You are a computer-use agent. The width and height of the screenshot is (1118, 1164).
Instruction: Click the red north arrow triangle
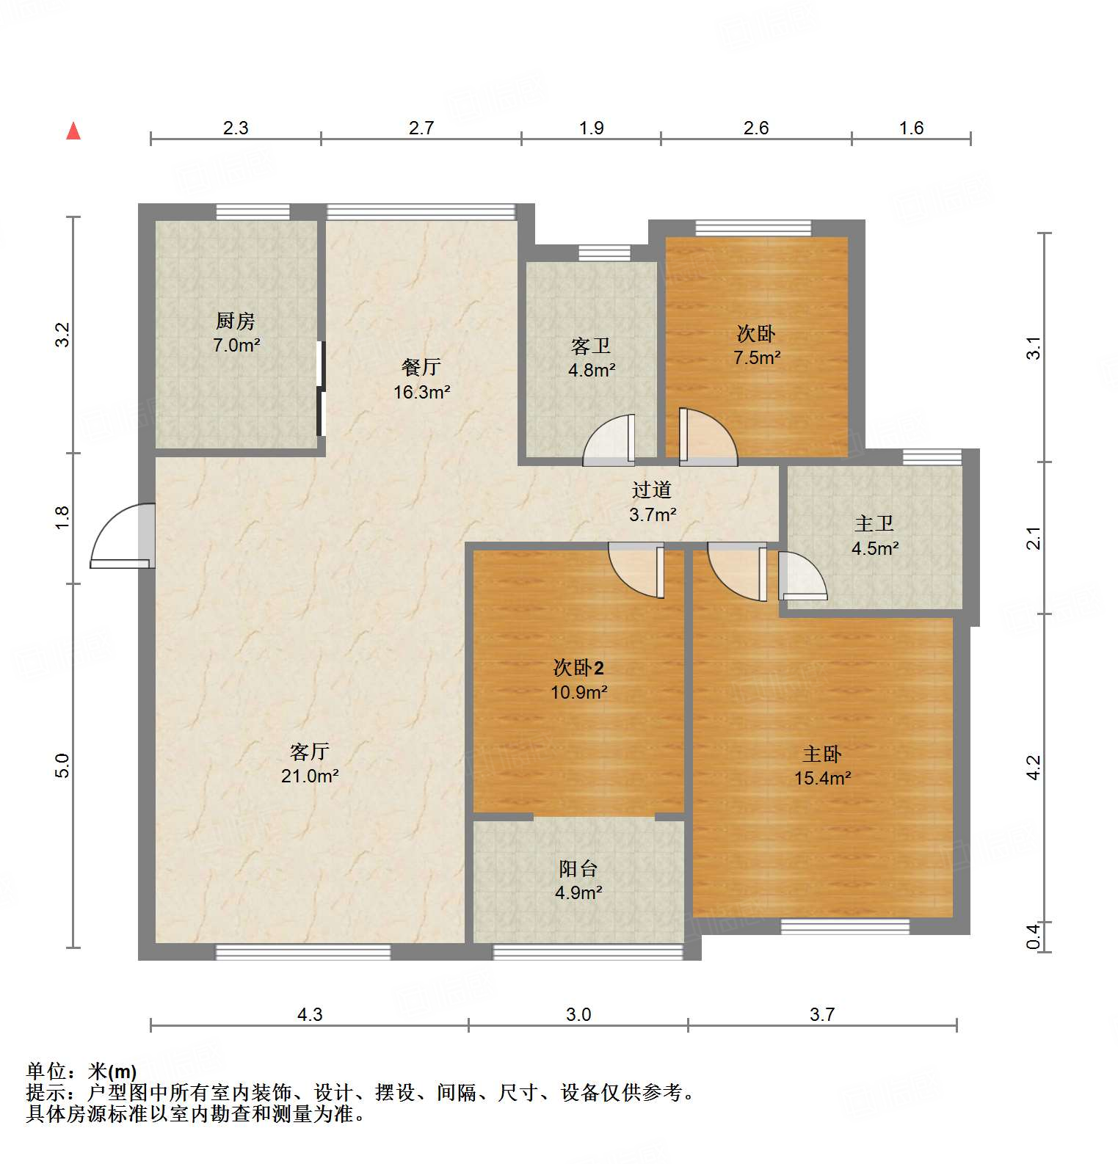[x=73, y=131]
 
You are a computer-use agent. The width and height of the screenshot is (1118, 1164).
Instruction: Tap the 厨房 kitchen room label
[x=236, y=321]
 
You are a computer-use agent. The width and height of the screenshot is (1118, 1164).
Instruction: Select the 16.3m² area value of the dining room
[x=421, y=392]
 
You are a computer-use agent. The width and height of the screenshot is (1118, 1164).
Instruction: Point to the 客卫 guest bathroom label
[x=591, y=346]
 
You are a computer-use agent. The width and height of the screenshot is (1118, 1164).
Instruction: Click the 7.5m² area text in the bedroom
[x=757, y=357]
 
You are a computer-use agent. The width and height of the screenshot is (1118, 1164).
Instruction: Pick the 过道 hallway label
[x=652, y=490]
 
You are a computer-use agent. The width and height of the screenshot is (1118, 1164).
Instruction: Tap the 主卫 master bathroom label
[x=874, y=523]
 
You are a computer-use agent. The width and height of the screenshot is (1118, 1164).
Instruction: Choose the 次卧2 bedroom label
[x=578, y=667]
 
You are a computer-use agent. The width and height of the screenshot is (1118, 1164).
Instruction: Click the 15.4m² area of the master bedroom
[x=822, y=778]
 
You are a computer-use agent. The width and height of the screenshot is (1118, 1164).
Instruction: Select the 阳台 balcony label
[x=578, y=868]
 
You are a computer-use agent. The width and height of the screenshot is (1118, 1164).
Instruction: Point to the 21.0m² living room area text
[x=310, y=776]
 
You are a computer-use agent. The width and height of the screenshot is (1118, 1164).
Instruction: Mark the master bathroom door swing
[x=802, y=577]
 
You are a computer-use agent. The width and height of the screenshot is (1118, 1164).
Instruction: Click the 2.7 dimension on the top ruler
[x=421, y=128]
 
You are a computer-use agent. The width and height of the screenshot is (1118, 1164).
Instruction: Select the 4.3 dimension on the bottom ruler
[x=310, y=1014]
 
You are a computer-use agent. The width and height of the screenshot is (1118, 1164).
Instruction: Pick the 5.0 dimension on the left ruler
[x=62, y=765]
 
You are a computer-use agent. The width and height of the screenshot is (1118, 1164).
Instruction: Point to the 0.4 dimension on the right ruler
[x=1033, y=936]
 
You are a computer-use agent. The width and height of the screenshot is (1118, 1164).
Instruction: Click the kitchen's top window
[x=253, y=212]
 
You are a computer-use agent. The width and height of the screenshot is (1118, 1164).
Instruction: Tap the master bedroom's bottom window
[x=845, y=927]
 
